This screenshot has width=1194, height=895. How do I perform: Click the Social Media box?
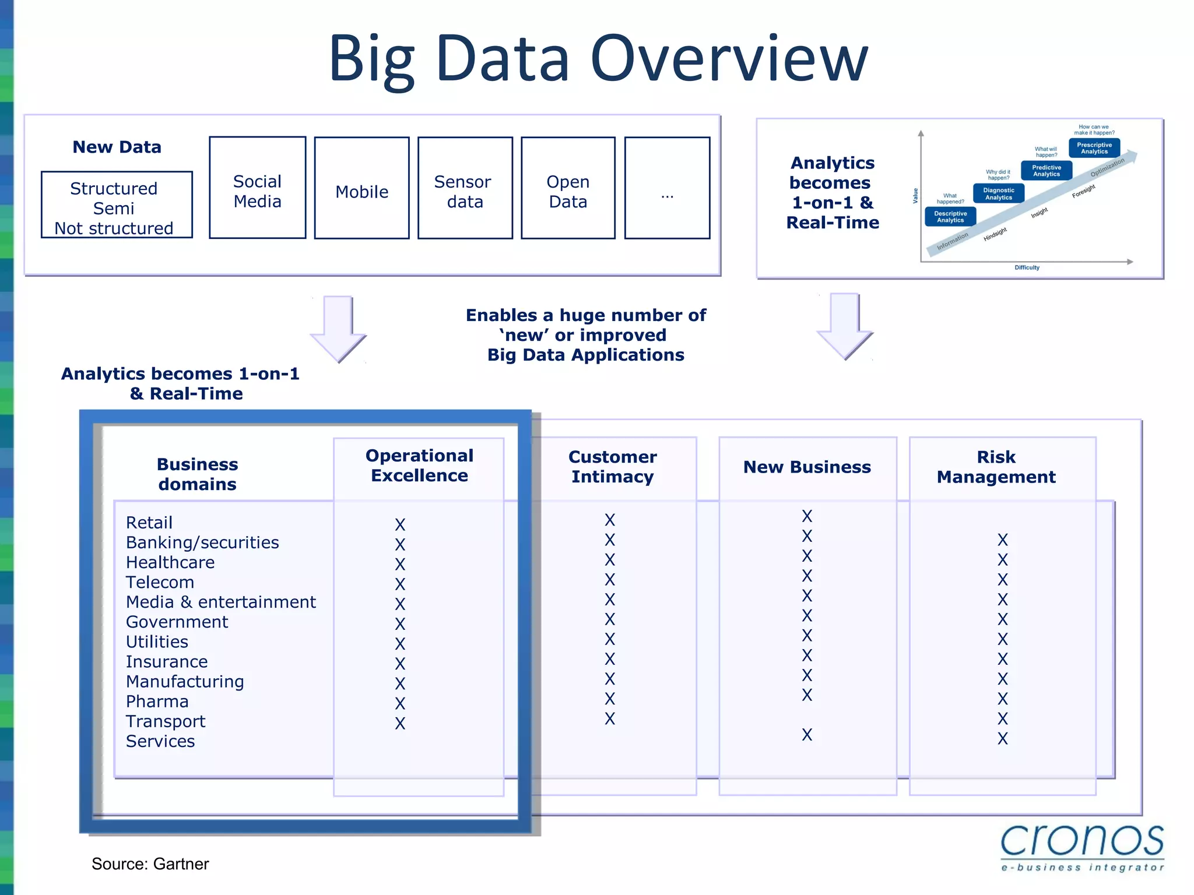pos(257,188)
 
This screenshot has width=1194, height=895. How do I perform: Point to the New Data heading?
pos(117,147)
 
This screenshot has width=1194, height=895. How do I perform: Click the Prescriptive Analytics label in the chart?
pos(1094,149)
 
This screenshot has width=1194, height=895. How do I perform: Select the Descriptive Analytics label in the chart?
pos(950,217)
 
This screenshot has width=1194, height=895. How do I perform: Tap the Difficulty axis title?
pos(1027,267)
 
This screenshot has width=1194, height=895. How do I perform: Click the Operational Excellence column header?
pos(419,466)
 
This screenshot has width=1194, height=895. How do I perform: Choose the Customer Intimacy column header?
pos(612,467)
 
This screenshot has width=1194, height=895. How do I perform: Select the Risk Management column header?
pos(996,467)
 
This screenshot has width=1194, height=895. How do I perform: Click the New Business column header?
pos(807,467)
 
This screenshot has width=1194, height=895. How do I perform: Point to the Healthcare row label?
pos(170,562)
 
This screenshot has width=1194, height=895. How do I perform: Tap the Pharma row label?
pos(157,702)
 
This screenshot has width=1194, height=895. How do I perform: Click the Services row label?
pos(160,741)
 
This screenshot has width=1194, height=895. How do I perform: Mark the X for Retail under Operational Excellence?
pos(400,524)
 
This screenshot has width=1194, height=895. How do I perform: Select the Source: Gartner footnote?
pos(150,864)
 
